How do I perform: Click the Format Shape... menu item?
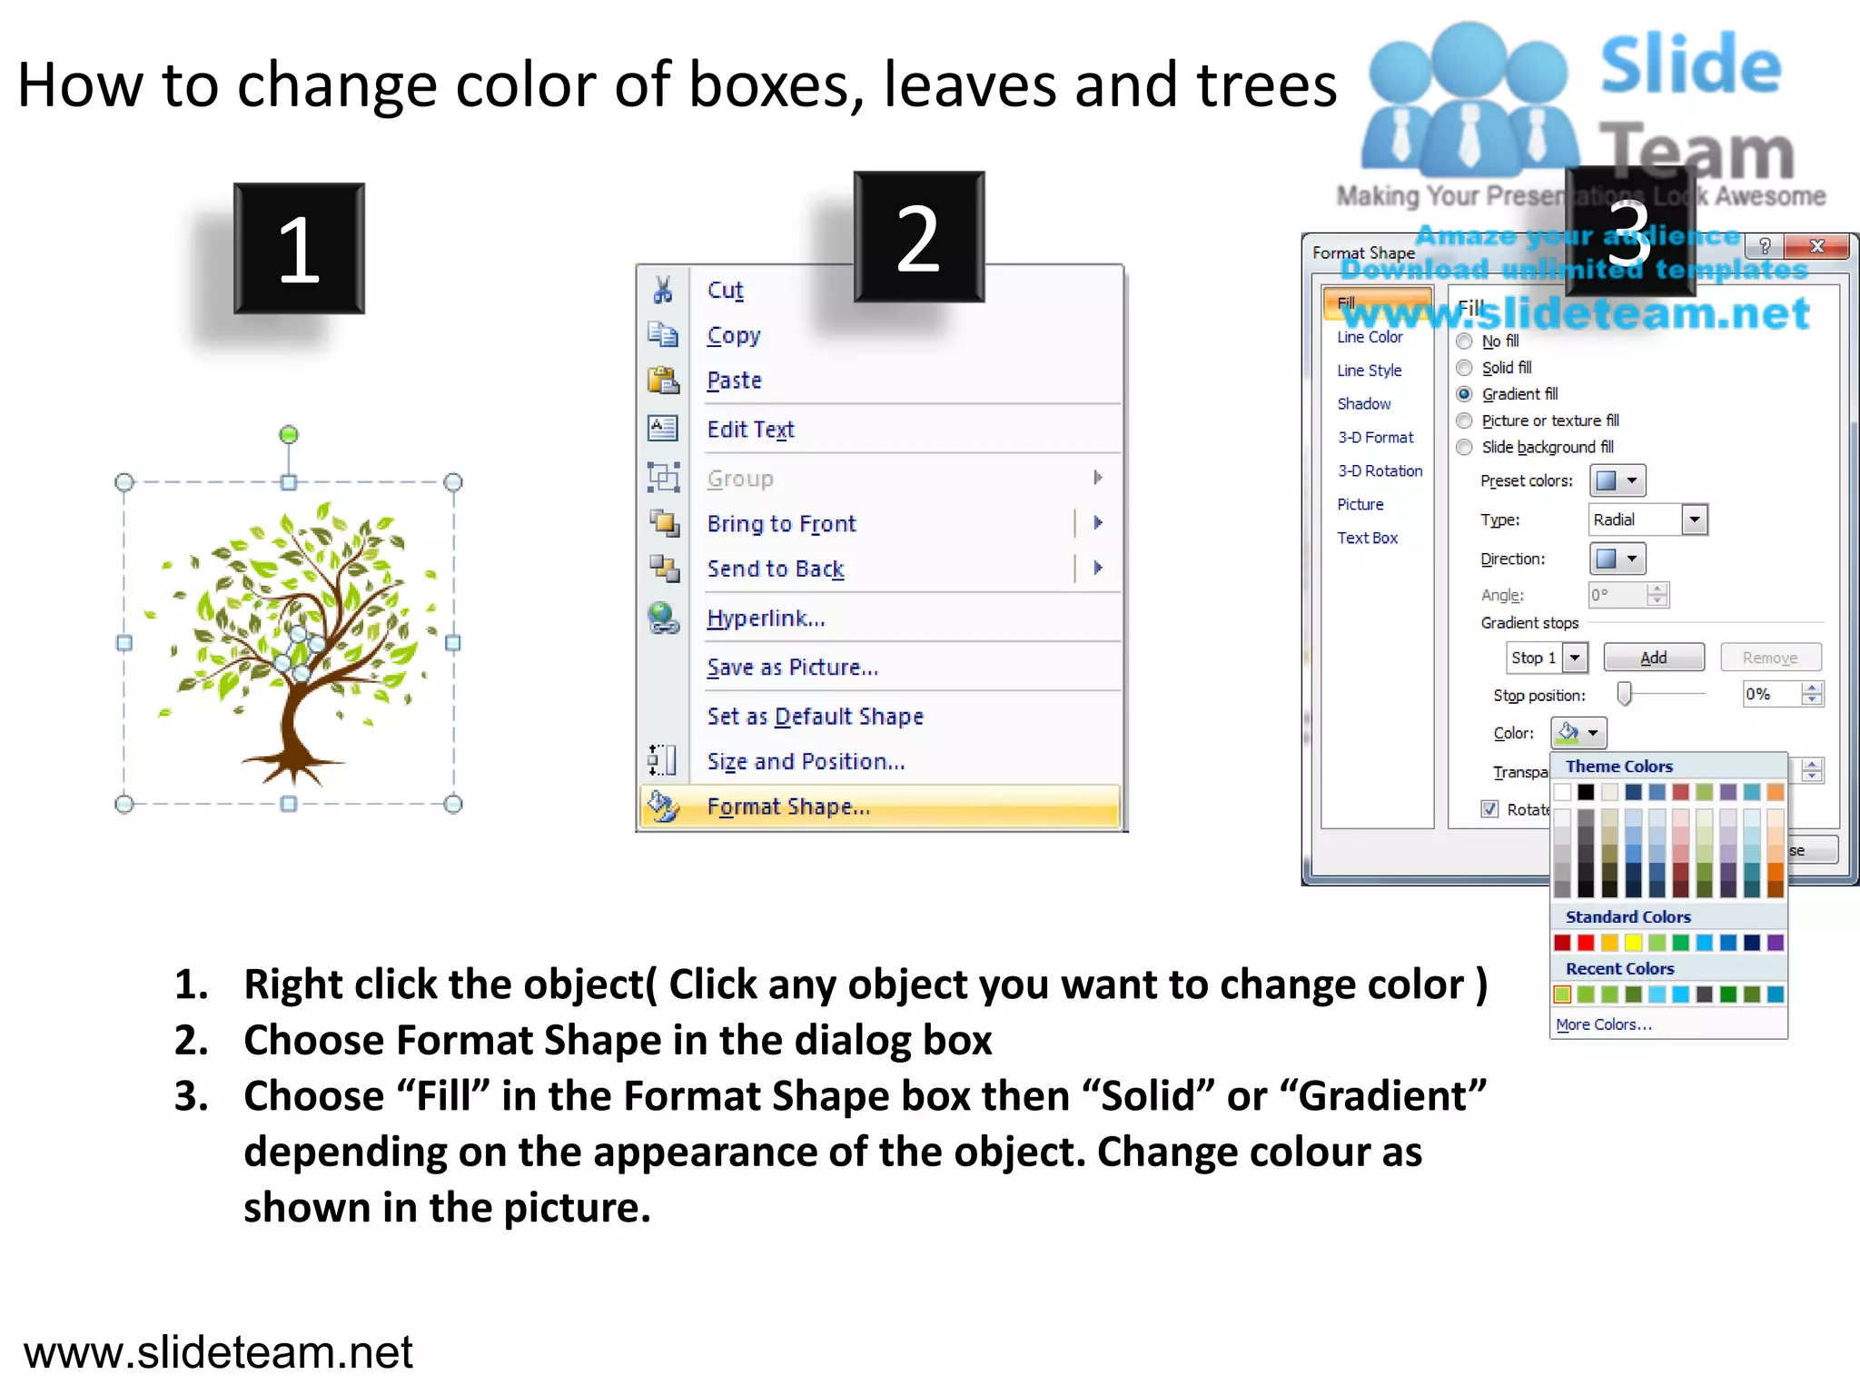coord(788,806)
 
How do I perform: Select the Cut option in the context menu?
coord(725,290)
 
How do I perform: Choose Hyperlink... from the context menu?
coord(766,618)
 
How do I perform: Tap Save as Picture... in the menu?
coord(792,668)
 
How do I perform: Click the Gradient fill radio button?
coord(1464,394)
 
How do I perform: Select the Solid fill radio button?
coord(1464,368)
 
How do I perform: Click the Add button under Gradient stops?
coord(1653,658)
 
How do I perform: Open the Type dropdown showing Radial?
coord(1694,519)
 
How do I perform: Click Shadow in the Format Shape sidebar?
coord(1363,404)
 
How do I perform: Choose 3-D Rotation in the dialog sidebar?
coord(1380,471)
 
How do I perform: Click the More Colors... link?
coord(1603,1024)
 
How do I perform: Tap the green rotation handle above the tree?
coord(289,435)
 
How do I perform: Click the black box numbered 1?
coord(299,249)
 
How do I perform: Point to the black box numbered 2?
coord(918,237)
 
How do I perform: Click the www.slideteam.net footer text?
coord(218,1351)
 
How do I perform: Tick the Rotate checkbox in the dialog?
coord(1489,808)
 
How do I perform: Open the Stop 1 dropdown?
coord(1575,658)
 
